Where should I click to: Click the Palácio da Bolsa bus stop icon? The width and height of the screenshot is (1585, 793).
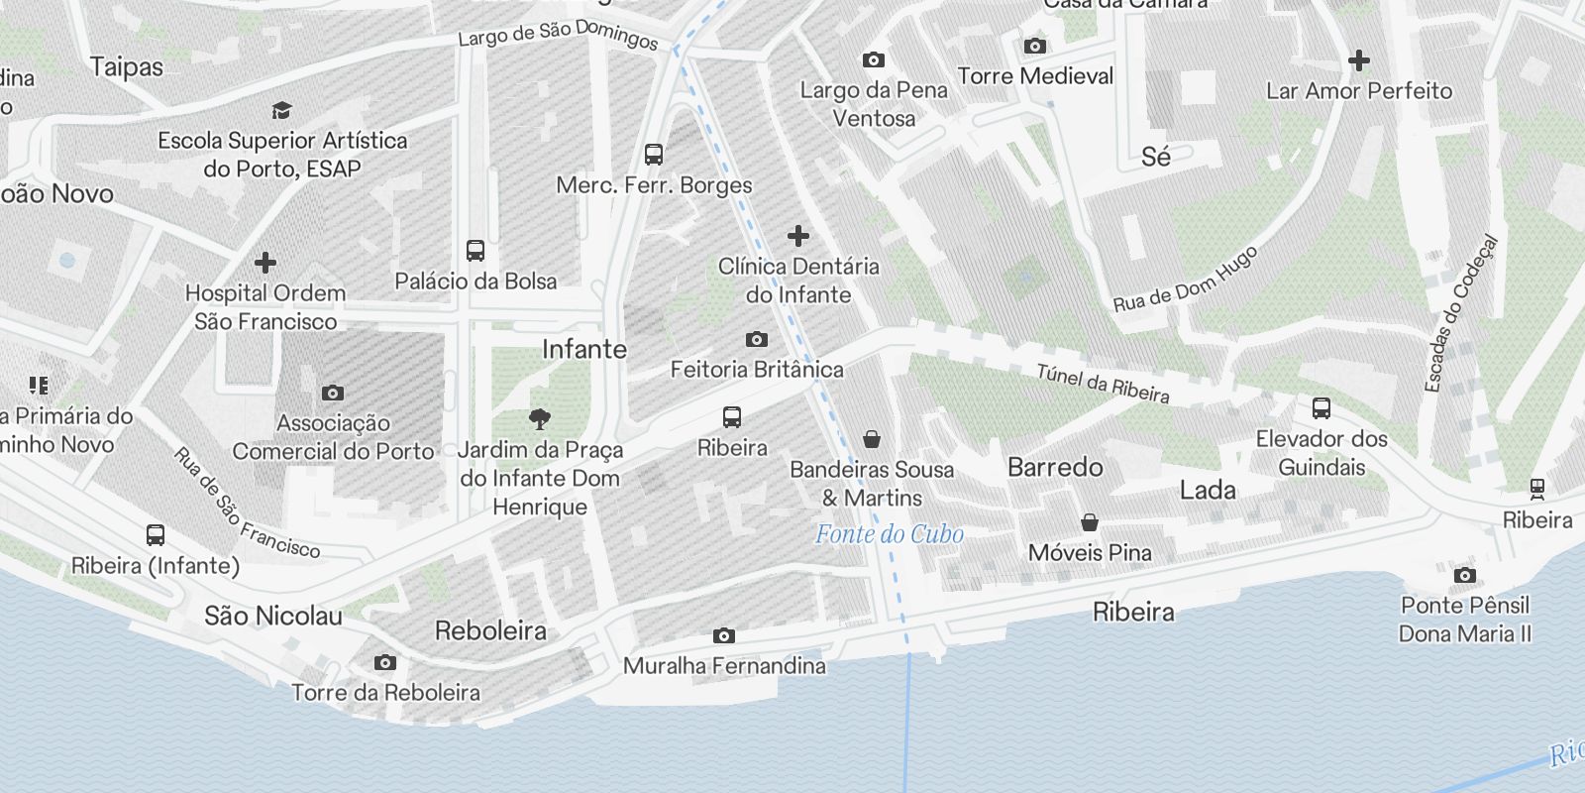tap(475, 250)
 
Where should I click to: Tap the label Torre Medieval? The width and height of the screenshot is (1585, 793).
tap(1035, 76)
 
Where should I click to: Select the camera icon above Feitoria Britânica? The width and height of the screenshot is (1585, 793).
tap(757, 340)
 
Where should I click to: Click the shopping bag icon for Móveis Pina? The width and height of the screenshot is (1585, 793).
tap(1090, 522)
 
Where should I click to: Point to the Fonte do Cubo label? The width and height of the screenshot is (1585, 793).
tap(889, 534)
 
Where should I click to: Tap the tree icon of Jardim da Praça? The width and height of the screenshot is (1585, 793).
tap(540, 419)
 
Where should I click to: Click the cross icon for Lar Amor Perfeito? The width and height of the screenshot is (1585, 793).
tap(1359, 60)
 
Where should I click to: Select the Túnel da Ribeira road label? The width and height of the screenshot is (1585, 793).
tap(1103, 384)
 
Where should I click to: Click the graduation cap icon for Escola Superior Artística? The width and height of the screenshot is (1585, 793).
tap(282, 110)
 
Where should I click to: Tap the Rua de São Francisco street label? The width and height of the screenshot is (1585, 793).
tap(247, 504)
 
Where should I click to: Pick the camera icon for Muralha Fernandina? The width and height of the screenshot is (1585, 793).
tap(724, 635)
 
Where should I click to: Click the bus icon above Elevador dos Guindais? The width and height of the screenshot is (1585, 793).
tap(1321, 408)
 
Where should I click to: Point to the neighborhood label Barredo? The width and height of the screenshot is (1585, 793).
tap(1055, 467)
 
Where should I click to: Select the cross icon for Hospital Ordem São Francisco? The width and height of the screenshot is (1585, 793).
tap(264, 263)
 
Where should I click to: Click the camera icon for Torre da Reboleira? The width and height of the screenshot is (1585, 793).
tap(385, 662)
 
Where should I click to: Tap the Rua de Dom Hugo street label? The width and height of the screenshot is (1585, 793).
tap(1185, 279)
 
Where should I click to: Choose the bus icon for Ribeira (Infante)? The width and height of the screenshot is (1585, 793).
tap(156, 535)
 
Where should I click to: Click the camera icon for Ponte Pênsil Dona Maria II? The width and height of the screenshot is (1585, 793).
tap(1465, 575)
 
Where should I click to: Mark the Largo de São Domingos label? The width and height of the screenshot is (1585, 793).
tap(558, 35)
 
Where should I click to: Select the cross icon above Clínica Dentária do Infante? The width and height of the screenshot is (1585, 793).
tap(798, 236)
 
